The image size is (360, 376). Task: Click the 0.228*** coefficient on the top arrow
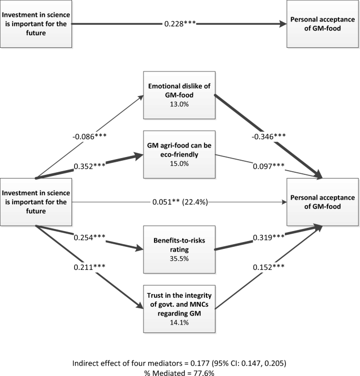[x=179, y=24]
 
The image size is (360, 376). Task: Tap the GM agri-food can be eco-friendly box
[x=180, y=150]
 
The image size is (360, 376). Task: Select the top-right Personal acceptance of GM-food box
[x=322, y=24]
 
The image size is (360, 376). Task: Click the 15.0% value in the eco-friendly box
[x=180, y=161]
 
